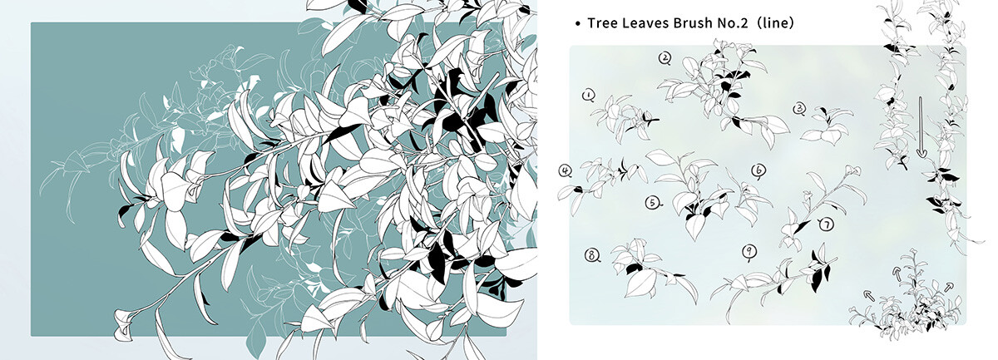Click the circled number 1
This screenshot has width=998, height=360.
(x=589, y=96)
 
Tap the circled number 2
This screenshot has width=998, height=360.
(x=665, y=57)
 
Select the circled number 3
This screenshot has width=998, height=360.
(x=799, y=108)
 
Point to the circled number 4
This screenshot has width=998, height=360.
(x=566, y=171)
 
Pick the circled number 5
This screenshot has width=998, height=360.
(x=652, y=203)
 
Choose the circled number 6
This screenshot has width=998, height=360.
(x=758, y=170)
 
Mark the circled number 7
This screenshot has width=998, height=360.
(x=826, y=224)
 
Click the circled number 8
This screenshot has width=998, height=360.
(x=592, y=255)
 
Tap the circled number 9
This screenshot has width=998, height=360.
(x=749, y=251)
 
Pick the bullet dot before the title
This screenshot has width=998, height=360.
(x=577, y=25)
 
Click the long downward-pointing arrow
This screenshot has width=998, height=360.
(x=921, y=126)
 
